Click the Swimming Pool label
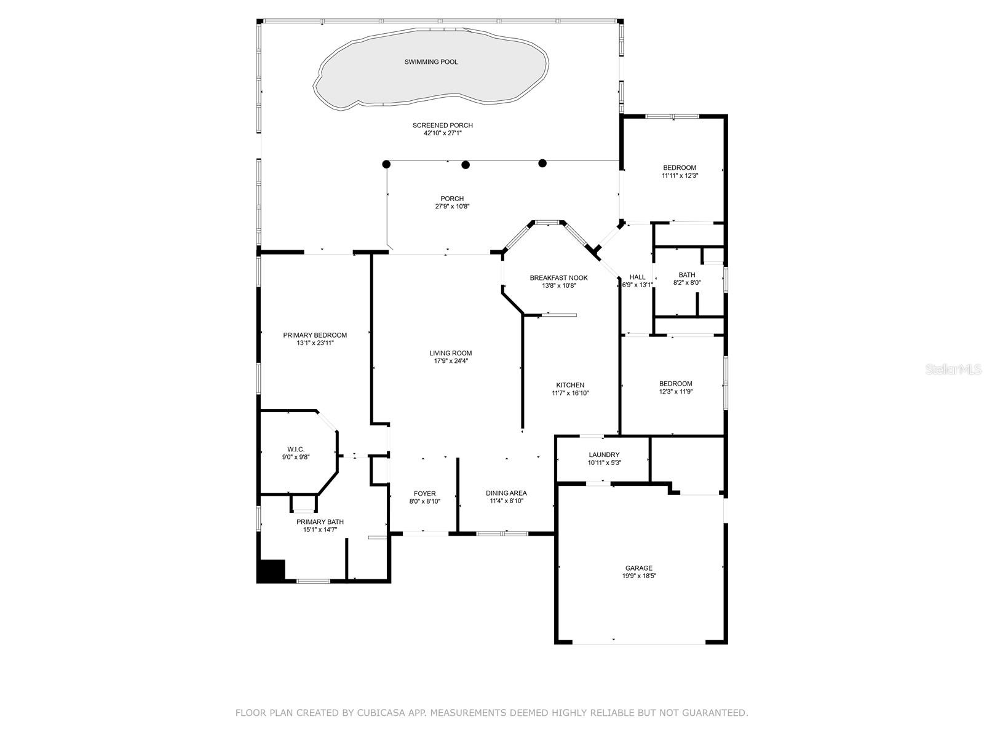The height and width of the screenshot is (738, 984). click(431, 62)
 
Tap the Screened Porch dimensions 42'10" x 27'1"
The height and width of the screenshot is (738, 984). click(443, 133)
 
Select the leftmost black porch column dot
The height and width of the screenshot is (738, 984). click(386, 164)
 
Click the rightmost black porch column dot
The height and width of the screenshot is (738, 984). click(542, 163)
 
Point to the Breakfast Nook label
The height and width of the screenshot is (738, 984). click(558, 278)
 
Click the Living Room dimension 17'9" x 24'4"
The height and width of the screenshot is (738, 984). click(451, 361)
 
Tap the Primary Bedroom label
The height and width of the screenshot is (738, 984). click(315, 335)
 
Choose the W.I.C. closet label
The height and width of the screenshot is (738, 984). click(296, 450)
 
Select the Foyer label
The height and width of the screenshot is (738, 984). click(424, 493)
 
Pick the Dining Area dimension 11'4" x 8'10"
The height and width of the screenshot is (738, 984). click(506, 501)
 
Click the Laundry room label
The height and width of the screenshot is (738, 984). click(604, 455)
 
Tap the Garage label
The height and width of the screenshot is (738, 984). click(639, 568)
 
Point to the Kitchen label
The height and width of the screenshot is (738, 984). click(570, 385)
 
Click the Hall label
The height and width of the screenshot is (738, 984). click(638, 277)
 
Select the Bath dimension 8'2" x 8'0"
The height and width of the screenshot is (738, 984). click(687, 283)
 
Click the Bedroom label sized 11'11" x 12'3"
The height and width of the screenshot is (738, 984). click(680, 168)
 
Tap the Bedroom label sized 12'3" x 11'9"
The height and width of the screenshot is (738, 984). click(676, 384)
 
